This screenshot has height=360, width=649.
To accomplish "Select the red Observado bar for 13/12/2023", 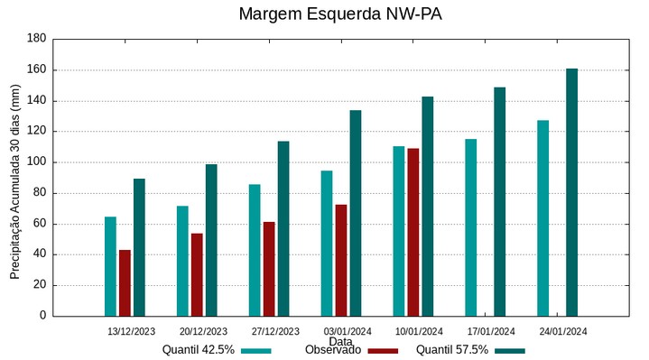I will (x=125, y=282).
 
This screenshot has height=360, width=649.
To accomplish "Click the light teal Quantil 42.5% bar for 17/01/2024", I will (x=470, y=227).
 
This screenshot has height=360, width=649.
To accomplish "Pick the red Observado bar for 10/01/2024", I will (x=413, y=232).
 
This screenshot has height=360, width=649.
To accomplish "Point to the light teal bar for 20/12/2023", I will (x=182, y=261).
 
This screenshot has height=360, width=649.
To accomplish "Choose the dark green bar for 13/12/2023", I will (x=139, y=247).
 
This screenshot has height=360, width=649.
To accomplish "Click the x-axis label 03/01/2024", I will (x=348, y=331).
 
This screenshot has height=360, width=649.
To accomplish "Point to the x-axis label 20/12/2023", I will (x=203, y=331).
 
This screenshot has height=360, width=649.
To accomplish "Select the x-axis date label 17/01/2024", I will (x=491, y=331).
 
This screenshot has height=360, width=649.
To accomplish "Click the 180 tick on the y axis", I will (x=36, y=39).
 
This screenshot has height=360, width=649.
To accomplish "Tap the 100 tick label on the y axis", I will (x=36, y=162).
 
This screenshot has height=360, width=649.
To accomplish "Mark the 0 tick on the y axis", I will (x=42, y=316).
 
